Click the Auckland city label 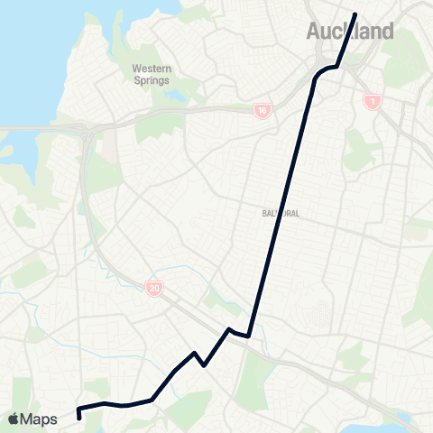pos(350,32)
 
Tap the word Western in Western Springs pos(152,69)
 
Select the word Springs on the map pos(152,80)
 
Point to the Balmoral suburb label pos(281,214)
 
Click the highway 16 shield pos(262,110)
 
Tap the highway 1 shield pos(371,102)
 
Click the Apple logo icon pos(14,419)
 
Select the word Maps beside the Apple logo pos(40,419)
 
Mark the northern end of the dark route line pos(355,14)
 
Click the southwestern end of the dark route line pos(79,417)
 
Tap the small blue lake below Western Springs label pos(170,95)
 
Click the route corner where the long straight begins pos(248,336)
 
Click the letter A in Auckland pos(316,32)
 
